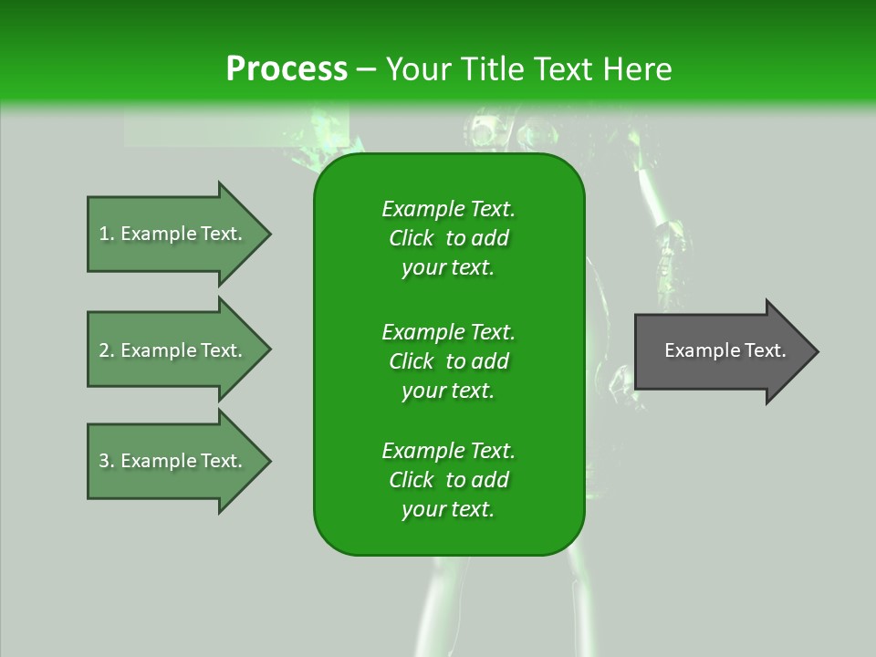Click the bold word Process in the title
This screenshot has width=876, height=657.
pos(287,69)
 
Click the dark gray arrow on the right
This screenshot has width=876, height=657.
pos(721,351)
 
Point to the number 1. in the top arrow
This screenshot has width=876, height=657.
pos(107,234)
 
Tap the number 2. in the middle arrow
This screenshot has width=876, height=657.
pos(107,350)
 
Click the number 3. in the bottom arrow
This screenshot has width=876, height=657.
pos(107,461)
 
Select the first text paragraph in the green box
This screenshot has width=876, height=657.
pos(448,238)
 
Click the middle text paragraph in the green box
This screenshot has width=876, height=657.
pos(448,360)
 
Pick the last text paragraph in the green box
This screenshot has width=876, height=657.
pos(448,480)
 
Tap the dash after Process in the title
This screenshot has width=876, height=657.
pos(366,69)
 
